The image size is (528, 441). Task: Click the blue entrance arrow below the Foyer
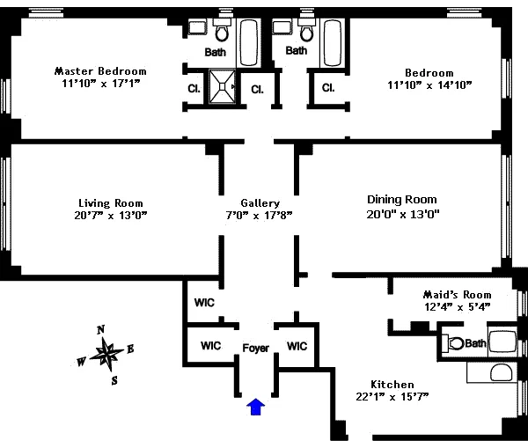(256, 406)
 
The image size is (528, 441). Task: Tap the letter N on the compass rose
(100, 329)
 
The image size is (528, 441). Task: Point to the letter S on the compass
(114, 380)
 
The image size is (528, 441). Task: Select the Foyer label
(255, 349)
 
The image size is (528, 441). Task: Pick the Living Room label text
(110, 202)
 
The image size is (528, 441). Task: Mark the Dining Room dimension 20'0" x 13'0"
(402, 213)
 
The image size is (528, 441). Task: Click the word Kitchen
(392, 385)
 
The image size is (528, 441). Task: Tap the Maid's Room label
(456, 294)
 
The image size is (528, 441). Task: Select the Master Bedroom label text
(100, 71)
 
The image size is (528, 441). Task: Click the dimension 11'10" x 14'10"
(429, 85)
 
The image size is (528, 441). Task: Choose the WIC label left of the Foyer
(210, 345)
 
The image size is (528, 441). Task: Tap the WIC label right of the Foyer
(297, 345)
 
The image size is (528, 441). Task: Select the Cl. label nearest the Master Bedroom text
(193, 88)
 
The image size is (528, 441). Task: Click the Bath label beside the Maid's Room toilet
(475, 343)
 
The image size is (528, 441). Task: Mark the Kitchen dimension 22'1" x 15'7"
(392, 397)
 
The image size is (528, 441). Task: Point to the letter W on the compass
(82, 361)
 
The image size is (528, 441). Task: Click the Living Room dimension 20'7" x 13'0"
(111, 215)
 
